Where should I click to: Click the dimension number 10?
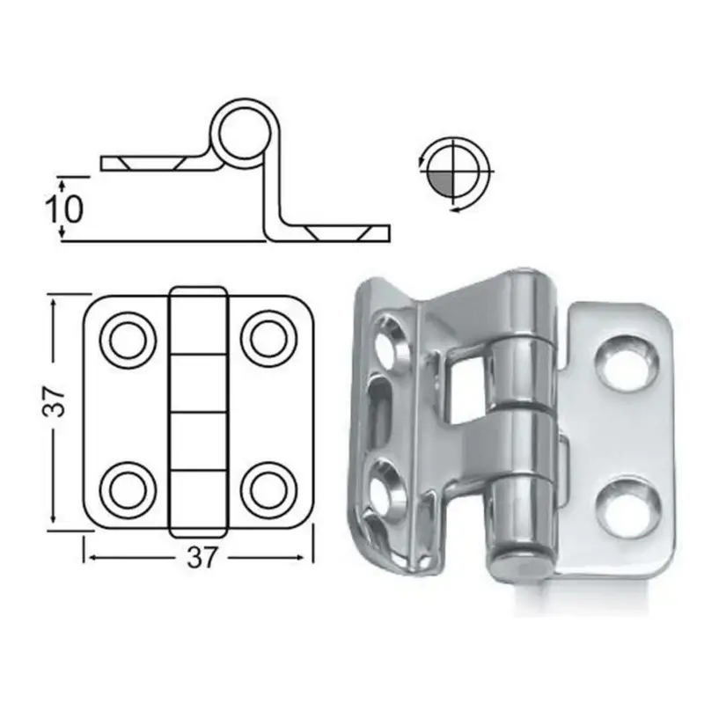[64, 209]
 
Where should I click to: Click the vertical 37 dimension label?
[55, 401]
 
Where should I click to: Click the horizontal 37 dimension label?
[202, 558]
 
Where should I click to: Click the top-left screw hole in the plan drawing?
[128, 340]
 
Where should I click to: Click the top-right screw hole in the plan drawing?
[268, 339]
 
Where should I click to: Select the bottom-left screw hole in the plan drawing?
[128, 489]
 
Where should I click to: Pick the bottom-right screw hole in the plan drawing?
[268, 489]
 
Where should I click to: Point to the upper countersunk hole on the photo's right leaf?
[627, 362]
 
